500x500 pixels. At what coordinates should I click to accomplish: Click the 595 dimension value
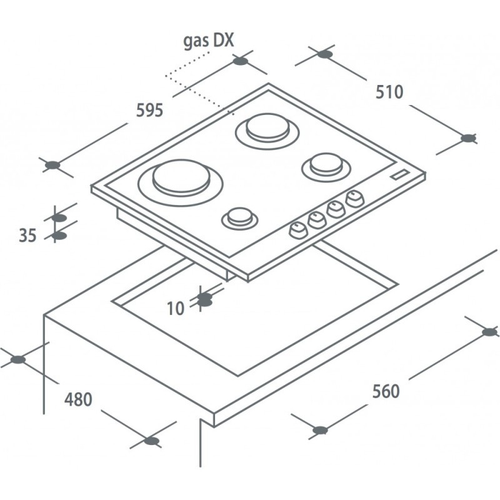pos(149,111)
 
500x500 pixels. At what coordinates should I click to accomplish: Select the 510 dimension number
pos(389,92)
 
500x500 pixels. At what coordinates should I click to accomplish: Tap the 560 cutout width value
pos(386,391)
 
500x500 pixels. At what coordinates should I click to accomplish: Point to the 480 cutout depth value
pos(79,399)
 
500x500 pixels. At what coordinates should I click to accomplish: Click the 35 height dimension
pos(27,236)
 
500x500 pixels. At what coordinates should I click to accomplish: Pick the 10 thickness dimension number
pos(176,308)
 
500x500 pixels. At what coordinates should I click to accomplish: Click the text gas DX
pos(209,41)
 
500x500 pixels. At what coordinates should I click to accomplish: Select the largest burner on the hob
pos(181,182)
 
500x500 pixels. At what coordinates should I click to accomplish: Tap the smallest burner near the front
pos(240,218)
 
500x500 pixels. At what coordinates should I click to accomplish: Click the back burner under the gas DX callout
pos(267,131)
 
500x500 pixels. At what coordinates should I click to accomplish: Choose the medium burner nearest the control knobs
pos(326,167)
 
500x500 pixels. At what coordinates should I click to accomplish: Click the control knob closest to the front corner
pos(298,230)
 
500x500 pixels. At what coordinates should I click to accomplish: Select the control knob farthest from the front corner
pos(355,199)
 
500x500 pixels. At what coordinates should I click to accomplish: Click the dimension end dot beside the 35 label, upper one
pos(59,218)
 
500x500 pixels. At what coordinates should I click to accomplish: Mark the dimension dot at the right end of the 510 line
pos(469,138)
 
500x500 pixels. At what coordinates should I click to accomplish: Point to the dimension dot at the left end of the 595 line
pos(52,165)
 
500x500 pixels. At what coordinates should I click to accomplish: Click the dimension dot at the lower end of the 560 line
pos(320,430)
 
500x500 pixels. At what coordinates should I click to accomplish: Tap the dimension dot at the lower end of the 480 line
pos(152,441)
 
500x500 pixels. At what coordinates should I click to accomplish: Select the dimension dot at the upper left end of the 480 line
pos(18,360)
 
